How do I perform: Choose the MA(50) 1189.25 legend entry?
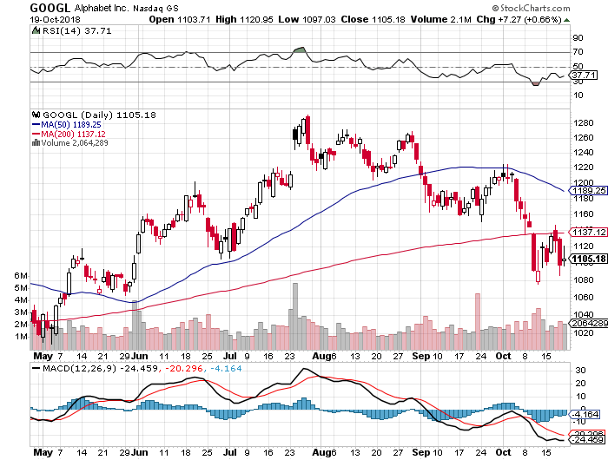(71, 124)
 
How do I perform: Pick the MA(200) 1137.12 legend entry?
(74, 134)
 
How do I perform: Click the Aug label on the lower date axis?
(322, 453)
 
